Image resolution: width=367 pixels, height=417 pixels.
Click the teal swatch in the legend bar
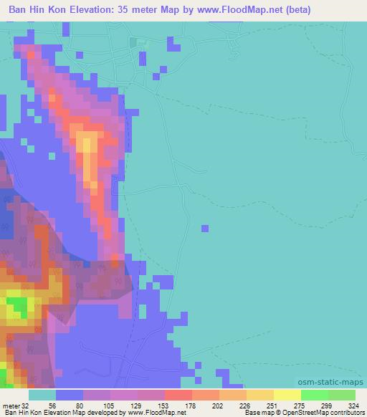click(42, 395)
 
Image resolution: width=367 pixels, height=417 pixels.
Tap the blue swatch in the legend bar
click(70, 395)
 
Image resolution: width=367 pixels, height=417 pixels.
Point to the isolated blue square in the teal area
click(206, 229)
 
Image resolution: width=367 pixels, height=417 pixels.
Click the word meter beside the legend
click(11, 405)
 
